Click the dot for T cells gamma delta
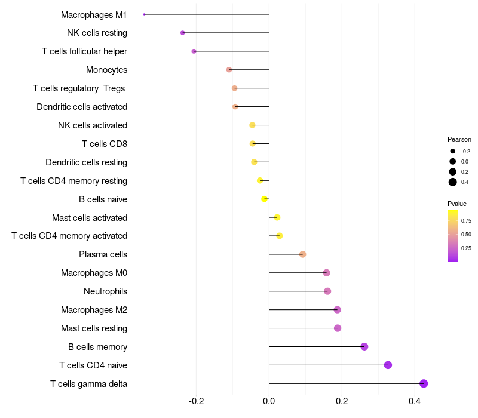tap(424, 383)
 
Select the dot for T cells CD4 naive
tap(388, 365)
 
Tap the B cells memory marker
tap(364, 346)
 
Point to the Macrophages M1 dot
tap(145, 14)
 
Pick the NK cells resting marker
tap(182, 32)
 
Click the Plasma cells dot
tap(302, 254)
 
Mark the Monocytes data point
tap(229, 70)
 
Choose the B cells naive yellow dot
tap(265, 199)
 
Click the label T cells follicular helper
tap(84, 51)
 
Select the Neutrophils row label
tap(105, 291)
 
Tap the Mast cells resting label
tap(94, 328)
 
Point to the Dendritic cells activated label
tap(82, 107)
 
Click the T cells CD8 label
tap(105, 144)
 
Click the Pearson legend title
tap(459, 139)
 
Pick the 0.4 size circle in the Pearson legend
tap(453, 182)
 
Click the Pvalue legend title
tap(457, 204)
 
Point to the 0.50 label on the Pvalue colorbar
tap(466, 235)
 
